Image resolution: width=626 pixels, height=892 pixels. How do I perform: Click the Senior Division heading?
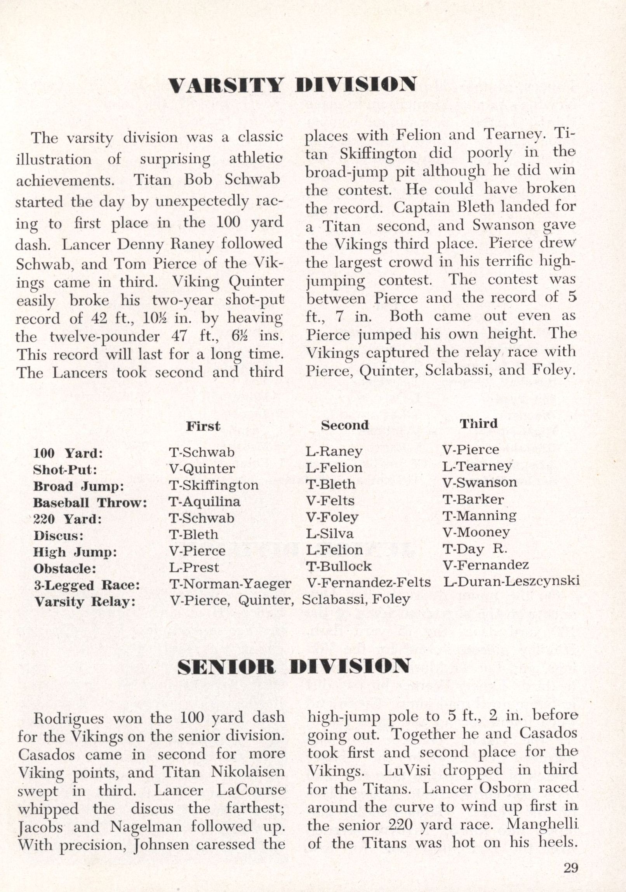293,667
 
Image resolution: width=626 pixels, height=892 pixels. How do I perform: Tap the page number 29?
570,868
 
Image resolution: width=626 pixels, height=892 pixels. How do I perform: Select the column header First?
203,426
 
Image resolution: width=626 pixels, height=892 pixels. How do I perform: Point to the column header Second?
344,425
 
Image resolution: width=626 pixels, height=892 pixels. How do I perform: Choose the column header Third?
479,423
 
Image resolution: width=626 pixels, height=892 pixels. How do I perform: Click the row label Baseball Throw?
90,503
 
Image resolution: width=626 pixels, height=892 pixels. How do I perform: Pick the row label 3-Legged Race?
87,585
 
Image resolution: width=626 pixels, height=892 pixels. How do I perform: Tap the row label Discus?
58,536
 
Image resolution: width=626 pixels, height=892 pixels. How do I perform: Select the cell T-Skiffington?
214,485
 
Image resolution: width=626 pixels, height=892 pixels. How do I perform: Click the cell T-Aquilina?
205,502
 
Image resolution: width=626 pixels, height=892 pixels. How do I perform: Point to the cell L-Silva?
330,533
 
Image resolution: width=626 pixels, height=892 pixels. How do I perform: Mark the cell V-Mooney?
476,532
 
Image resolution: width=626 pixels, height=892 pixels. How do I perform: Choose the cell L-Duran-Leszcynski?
511,581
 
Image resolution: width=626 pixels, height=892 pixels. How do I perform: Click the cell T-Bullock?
339,566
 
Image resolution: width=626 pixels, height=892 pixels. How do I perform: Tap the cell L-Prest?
194,568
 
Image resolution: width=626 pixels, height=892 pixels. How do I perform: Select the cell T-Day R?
475,549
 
